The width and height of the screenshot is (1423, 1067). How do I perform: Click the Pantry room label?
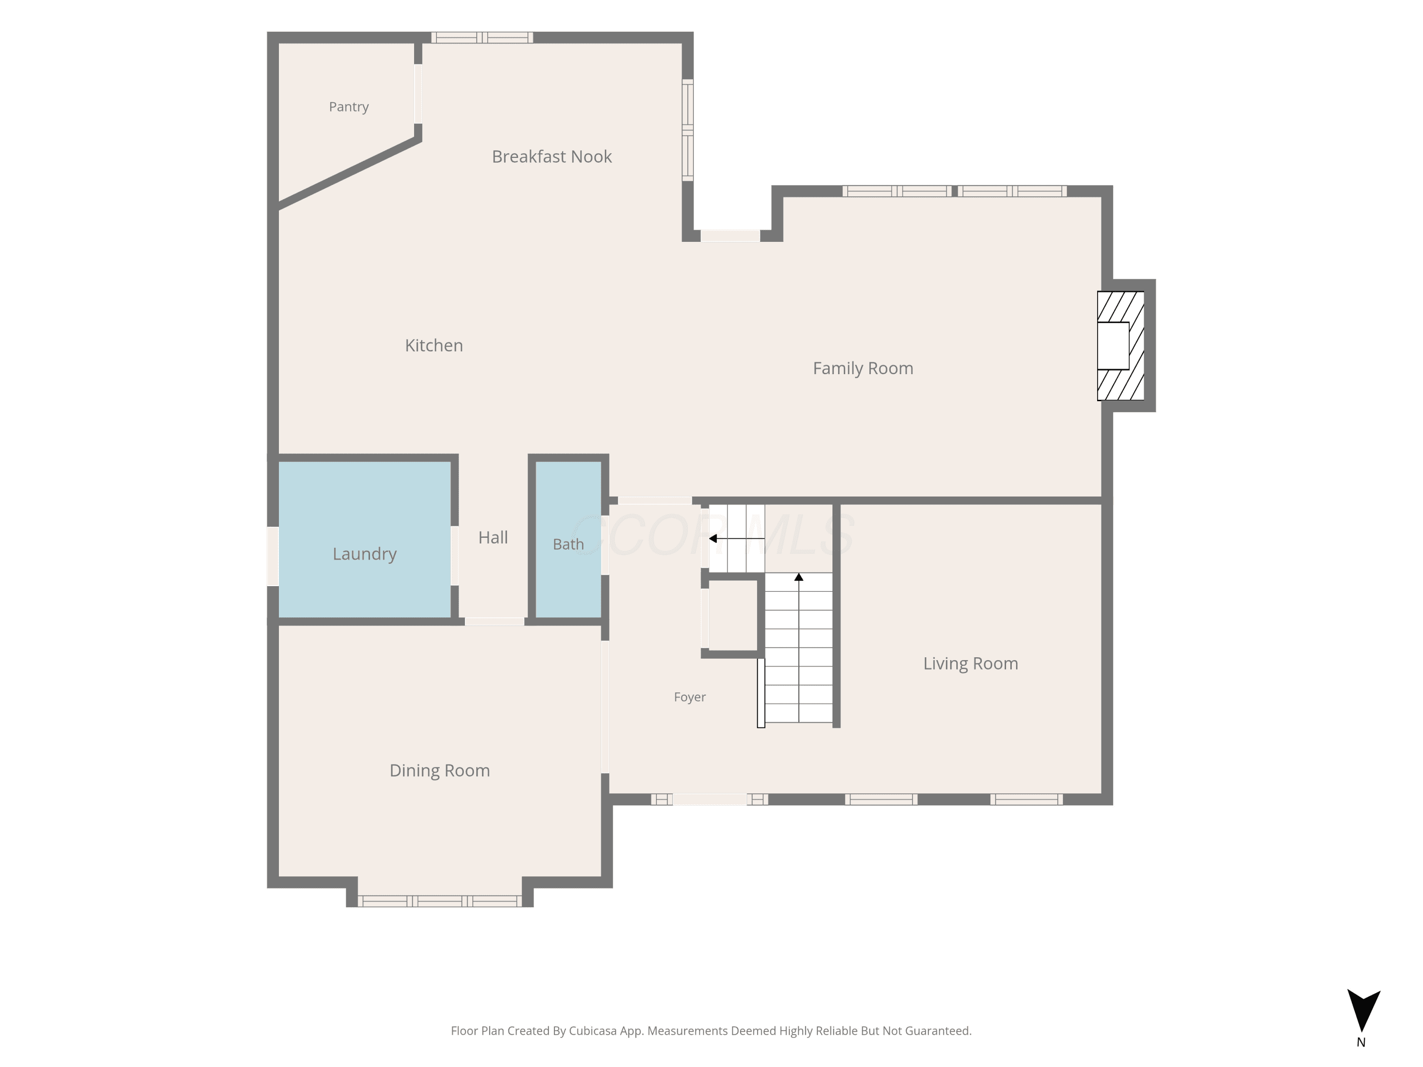click(x=349, y=107)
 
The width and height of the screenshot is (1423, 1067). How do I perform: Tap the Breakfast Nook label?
click(x=551, y=156)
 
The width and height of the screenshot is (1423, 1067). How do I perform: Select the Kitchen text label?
click(x=434, y=345)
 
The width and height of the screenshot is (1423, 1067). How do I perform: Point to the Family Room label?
click(x=863, y=368)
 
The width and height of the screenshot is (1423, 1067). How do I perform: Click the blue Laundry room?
click(x=364, y=540)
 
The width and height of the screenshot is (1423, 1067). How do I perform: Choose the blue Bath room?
click(x=568, y=540)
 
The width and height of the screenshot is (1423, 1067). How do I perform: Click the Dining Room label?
click(x=439, y=771)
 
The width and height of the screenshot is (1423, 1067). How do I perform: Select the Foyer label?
click(x=690, y=697)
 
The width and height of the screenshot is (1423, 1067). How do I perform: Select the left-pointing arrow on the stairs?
click(x=737, y=538)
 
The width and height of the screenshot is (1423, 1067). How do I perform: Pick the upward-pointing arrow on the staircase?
click(x=798, y=647)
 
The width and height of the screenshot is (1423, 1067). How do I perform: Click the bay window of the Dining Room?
click(x=439, y=901)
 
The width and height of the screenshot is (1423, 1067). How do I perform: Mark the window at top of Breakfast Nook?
click(x=482, y=37)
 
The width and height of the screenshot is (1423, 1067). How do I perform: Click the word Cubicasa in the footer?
click(x=592, y=1031)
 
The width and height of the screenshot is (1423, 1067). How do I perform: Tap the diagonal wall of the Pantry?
click(x=349, y=172)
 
